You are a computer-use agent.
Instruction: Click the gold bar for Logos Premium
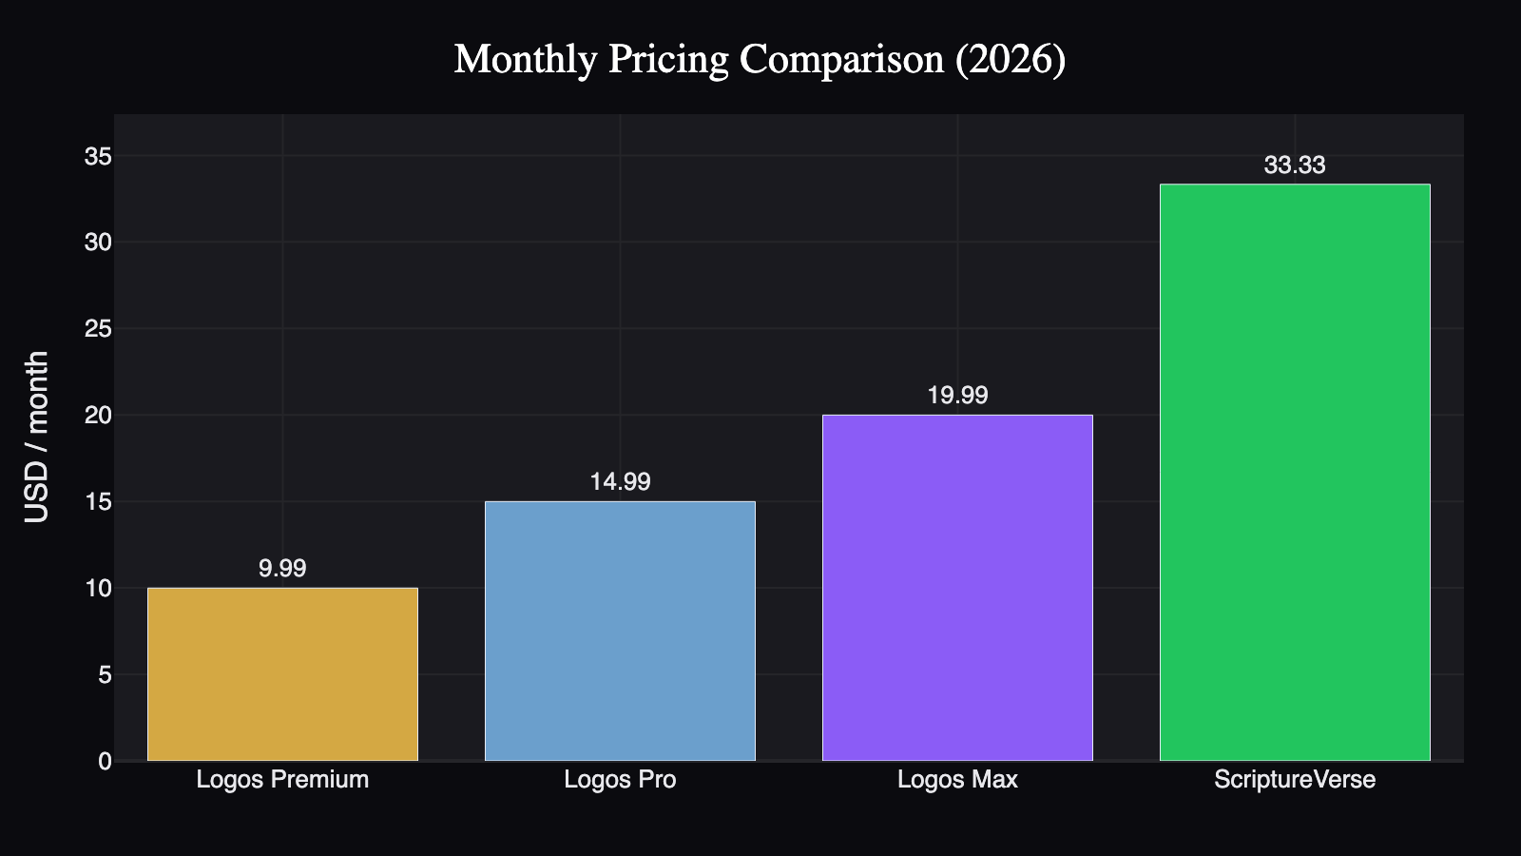click(282, 674)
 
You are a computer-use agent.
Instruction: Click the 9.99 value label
click(282, 568)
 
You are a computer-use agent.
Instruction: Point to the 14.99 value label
click(620, 481)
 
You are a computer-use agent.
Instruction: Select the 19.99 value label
click(957, 395)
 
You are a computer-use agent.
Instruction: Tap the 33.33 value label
click(1295, 165)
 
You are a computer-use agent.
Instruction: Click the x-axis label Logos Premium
click(282, 780)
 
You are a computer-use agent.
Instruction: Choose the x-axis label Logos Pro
click(620, 780)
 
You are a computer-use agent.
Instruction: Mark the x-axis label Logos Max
click(957, 780)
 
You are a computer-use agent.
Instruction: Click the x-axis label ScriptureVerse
click(1295, 780)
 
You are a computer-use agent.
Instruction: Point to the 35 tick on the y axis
click(98, 156)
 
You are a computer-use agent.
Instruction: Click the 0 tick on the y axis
click(105, 761)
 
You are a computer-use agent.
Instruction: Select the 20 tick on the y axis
click(98, 415)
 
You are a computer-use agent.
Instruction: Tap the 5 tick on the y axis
click(105, 674)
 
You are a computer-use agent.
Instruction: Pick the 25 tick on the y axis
click(98, 329)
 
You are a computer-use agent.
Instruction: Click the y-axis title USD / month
click(36, 437)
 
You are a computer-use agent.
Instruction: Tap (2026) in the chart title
click(1010, 59)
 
